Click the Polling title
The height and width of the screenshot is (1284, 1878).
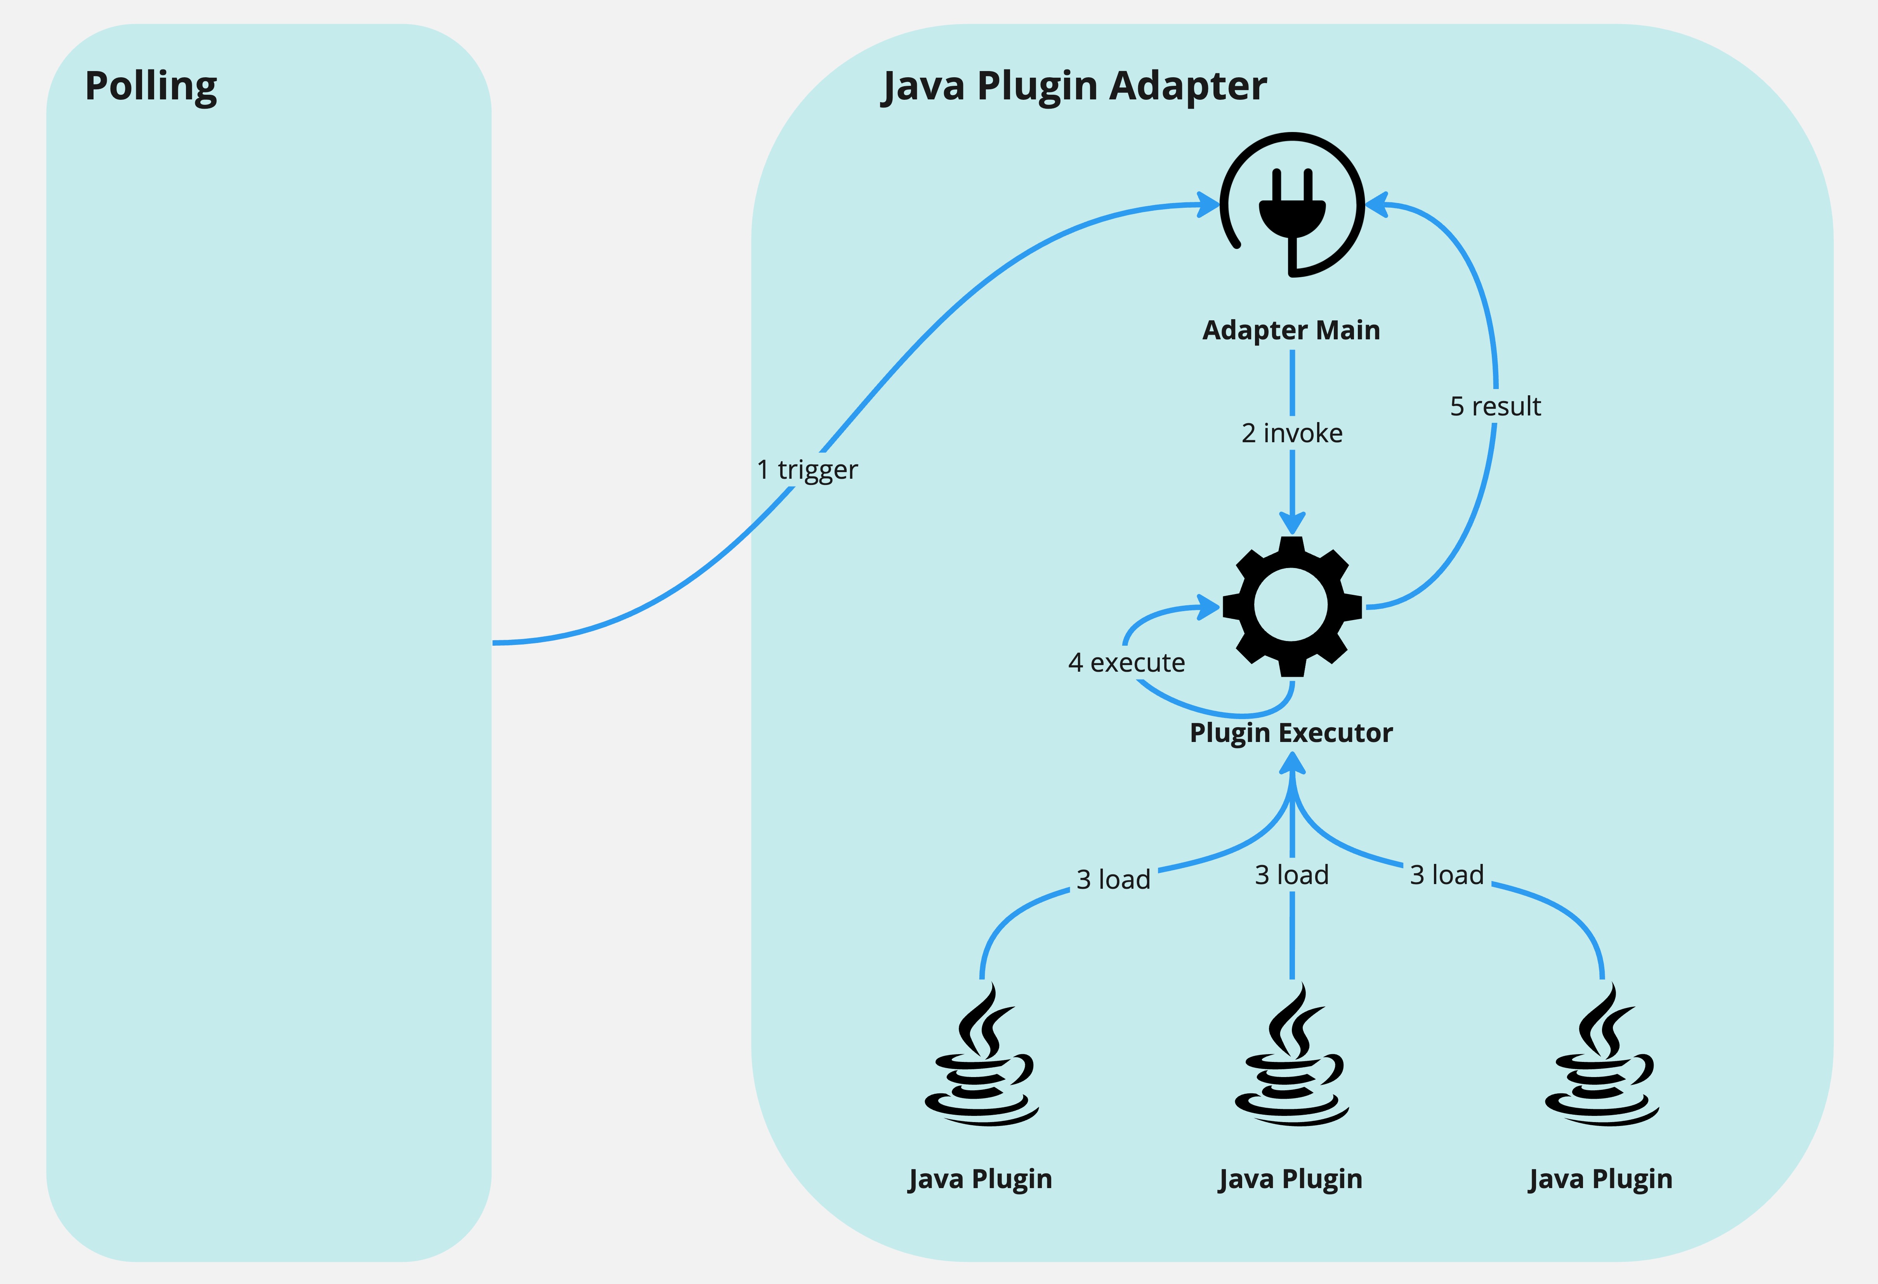click(151, 87)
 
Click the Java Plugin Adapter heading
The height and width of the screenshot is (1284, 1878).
click(1075, 87)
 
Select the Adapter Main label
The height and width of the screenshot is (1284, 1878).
click(1291, 330)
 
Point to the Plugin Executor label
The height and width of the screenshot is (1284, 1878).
click(1291, 733)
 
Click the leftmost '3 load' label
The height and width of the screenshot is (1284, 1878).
click(1114, 879)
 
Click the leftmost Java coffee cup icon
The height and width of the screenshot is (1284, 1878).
click(981, 1055)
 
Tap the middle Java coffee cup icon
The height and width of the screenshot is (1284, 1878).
click(1291, 1055)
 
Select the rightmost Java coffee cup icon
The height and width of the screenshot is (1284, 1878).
click(1602, 1055)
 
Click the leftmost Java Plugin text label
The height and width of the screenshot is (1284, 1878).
click(980, 1180)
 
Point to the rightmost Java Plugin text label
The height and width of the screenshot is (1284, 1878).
click(1601, 1180)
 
